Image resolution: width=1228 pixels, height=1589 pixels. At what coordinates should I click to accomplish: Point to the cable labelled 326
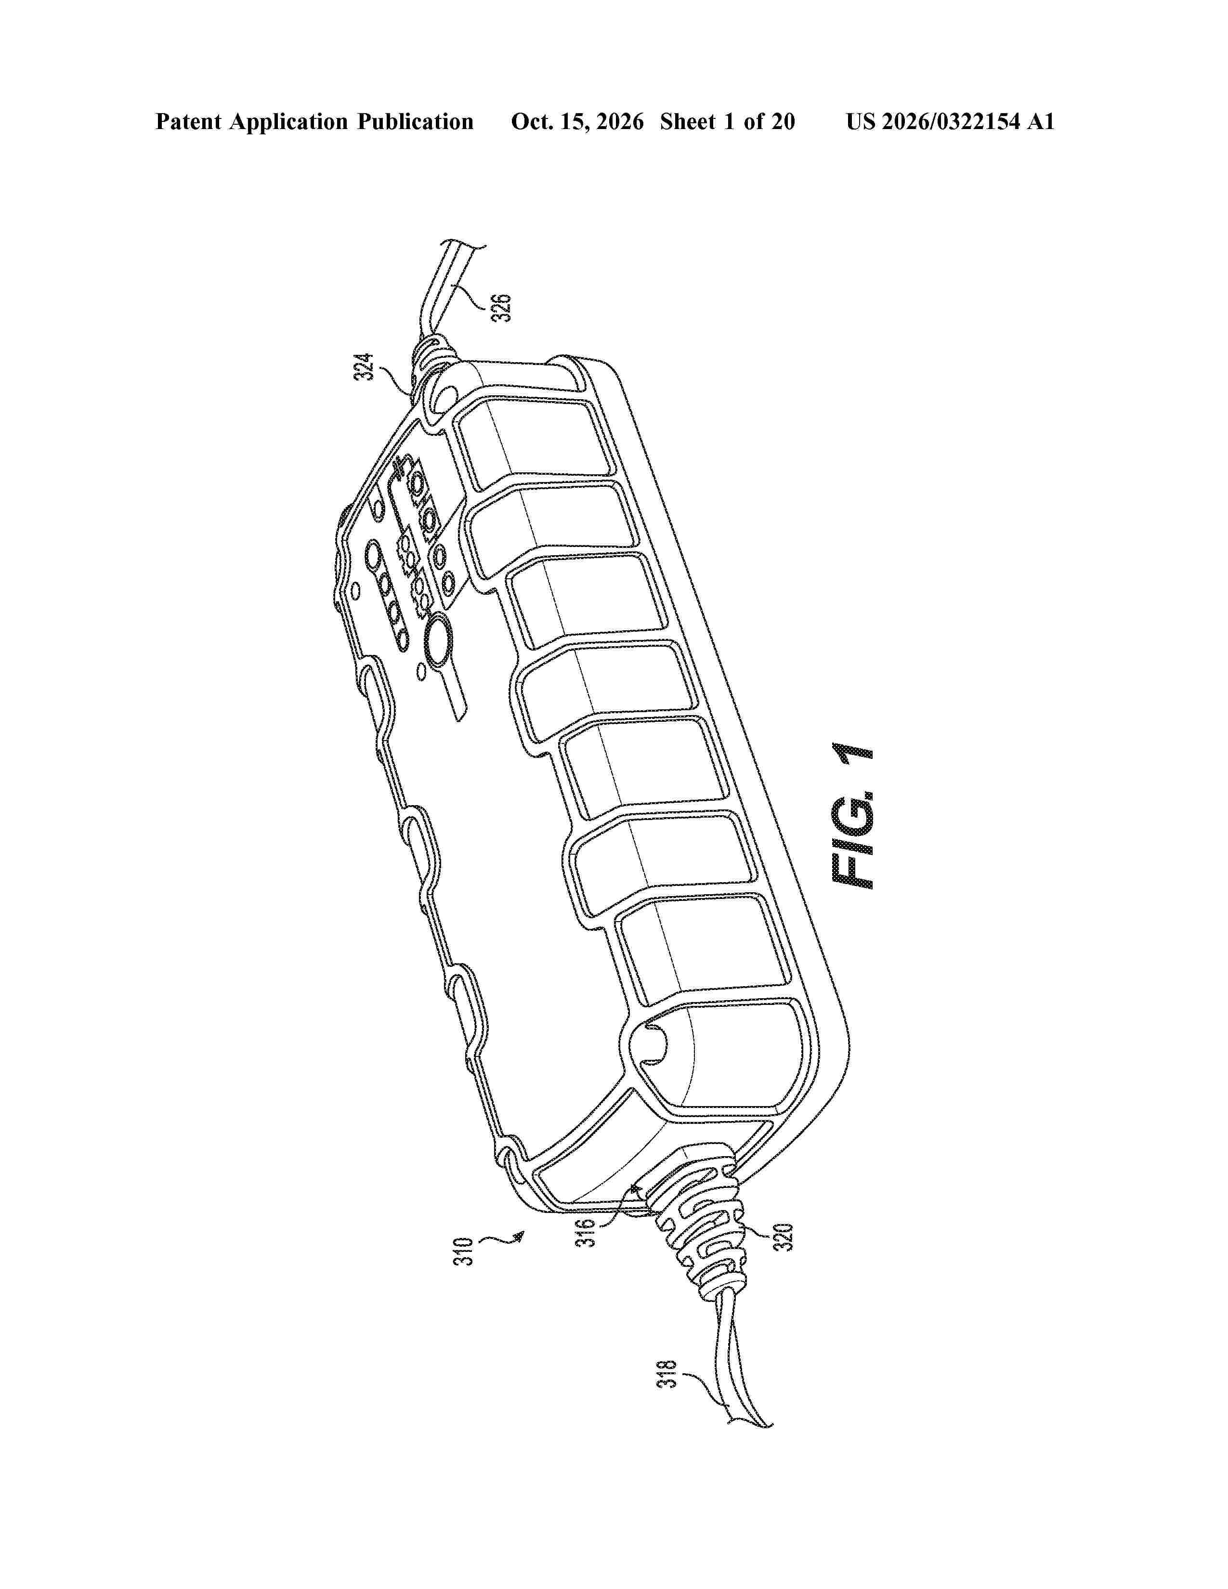coord(444,291)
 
